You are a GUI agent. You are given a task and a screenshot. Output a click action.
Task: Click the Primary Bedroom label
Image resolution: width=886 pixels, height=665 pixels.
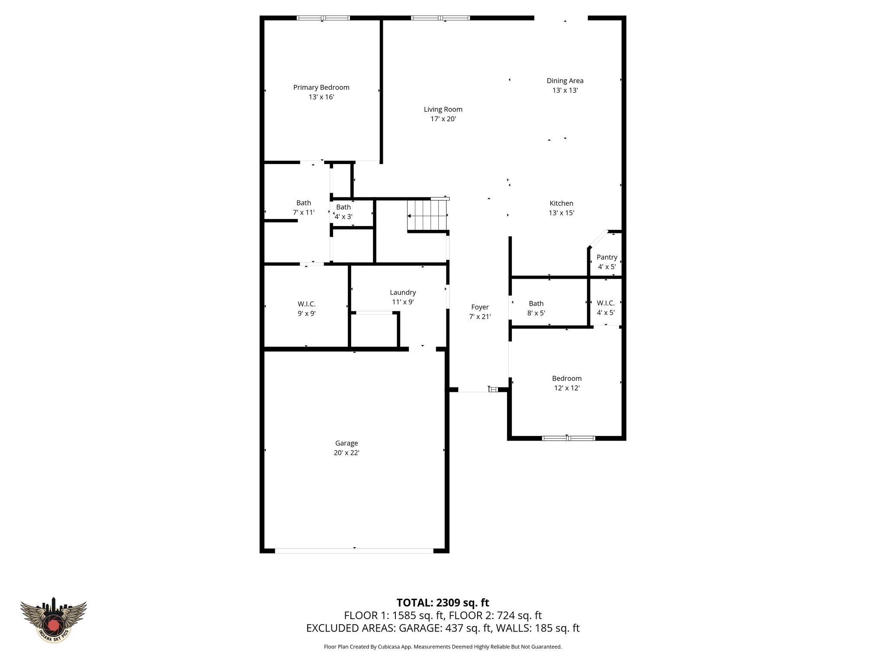321,87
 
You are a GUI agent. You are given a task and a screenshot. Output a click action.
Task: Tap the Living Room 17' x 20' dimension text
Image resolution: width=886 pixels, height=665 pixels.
443,119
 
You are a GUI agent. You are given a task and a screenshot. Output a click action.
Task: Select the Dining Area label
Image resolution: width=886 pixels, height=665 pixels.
565,81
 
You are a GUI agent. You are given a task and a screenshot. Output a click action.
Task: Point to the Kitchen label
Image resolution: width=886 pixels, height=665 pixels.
561,203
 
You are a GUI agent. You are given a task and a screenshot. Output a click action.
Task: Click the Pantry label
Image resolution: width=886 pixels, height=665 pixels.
607,257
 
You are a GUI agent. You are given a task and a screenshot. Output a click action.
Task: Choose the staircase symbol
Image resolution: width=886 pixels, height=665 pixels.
427,215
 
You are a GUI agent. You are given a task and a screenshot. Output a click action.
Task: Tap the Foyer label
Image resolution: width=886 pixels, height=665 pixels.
480,307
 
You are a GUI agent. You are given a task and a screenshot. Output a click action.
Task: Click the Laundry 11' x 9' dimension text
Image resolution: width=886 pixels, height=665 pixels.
403,302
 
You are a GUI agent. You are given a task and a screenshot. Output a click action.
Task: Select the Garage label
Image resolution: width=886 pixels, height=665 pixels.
346,443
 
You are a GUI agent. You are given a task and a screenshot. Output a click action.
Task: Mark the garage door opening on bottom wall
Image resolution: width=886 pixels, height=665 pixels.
354,551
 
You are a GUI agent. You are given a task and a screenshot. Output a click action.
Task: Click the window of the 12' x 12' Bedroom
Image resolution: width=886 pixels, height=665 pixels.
568,438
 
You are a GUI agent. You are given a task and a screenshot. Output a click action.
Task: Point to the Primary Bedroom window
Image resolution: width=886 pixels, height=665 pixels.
323,18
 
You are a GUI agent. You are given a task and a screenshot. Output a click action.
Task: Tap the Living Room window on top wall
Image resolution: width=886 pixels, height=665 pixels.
440,18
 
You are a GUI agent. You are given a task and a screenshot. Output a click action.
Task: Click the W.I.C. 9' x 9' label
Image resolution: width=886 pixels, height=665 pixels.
306,304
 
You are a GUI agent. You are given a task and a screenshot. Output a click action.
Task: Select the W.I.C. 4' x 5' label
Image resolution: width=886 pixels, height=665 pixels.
606,303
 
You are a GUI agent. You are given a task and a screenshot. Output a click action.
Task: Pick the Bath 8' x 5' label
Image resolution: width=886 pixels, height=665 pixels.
536,304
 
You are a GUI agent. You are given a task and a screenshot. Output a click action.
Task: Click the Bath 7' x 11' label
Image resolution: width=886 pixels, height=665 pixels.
303,203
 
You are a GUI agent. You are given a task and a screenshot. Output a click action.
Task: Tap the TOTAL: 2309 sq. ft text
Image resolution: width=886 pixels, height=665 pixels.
443,603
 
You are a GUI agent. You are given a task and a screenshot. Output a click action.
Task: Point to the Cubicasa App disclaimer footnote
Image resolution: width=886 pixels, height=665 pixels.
443,647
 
